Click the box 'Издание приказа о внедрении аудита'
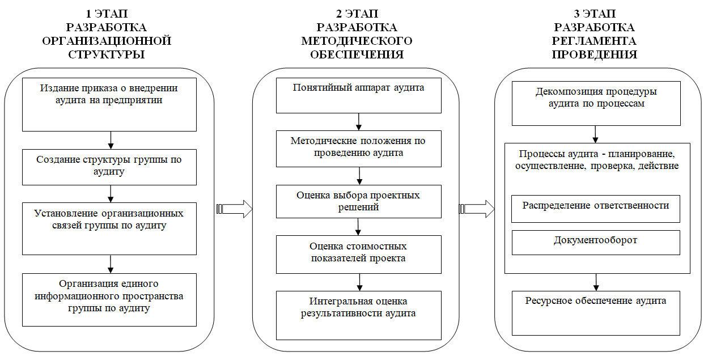(109, 105)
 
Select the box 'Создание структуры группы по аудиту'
(109, 167)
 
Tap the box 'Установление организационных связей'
(109, 229)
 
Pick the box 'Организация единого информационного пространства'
(109, 300)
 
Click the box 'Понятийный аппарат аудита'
(359, 95)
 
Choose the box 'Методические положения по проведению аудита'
(359, 149)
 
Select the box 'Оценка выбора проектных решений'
(359, 202)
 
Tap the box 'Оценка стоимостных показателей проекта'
(359, 255)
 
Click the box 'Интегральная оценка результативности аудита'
(359, 315)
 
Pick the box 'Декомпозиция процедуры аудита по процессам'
(596, 104)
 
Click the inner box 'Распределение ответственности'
(596, 209)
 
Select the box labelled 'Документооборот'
(596, 243)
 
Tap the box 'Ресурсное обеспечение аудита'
(596, 313)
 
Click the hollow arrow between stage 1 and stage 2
(235, 209)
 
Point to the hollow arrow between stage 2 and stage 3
(477, 209)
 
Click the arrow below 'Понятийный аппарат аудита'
(359, 122)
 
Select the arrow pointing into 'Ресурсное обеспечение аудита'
(596, 282)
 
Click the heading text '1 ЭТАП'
(107, 14)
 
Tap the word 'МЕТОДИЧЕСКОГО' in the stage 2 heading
(357, 41)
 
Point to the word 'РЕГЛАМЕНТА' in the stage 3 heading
(594, 41)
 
